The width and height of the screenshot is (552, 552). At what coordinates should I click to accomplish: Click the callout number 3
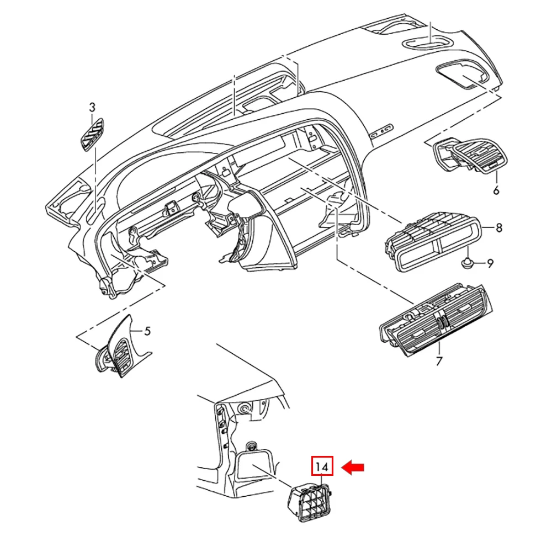pyautogui.click(x=92, y=107)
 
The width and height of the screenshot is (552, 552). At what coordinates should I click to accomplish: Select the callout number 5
pyautogui.click(x=147, y=331)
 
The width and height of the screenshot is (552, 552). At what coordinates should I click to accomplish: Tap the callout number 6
pyautogui.click(x=496, y=190)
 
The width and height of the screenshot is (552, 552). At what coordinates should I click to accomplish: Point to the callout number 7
pyautogui.click(x=439, y=361)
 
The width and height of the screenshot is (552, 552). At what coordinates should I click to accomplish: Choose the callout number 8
pyautogui.click(x=499, y=228)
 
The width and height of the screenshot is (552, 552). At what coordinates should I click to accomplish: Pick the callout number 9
pyautogui.click(x=490, y=263)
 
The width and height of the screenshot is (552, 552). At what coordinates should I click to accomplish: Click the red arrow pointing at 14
pyautogui.click(x=353, y=468)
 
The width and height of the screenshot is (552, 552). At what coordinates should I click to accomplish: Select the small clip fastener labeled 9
pyautogui.click(x=467, y=262)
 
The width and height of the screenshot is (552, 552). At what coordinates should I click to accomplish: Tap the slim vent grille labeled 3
pyautogui.click(x=92, y=135)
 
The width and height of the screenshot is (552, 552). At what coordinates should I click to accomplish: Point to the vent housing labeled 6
pyautogui.click(x=470, y=155)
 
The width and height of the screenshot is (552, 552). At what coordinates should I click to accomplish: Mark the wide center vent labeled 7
pyautogui.click(x=436, y=320)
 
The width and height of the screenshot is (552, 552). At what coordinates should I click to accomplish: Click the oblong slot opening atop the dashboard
pyautogui.click(x=427, y=43)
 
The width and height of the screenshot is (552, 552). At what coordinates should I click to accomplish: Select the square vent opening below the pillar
pyautogui.click(x=253, y=465)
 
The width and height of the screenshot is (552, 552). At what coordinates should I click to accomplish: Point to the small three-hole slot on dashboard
pyautogui.click(x=381, y=131)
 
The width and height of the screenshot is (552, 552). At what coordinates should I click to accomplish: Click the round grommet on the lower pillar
pyautogui.click(x=243, y=409)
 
